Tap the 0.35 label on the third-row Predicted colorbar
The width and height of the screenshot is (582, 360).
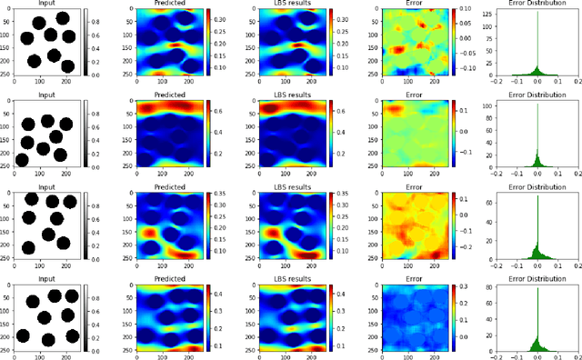click(221, 194)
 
